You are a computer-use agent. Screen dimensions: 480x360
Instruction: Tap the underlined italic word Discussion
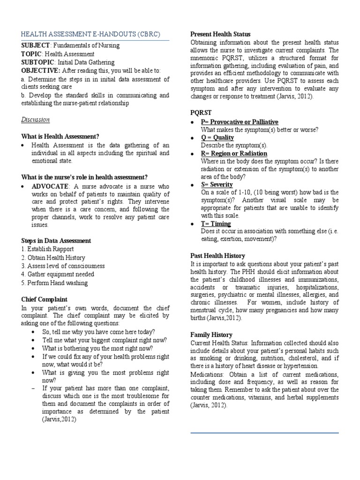[x=35, y=120]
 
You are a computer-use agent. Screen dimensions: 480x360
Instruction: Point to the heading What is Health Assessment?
[x=60, y=136]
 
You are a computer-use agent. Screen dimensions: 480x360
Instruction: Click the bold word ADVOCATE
[x=50, y=187]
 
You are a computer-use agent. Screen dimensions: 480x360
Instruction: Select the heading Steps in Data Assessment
[x=56, y=240]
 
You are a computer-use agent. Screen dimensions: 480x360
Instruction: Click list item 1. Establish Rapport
[x=47, y=249]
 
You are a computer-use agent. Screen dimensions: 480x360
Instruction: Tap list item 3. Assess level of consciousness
[x=63, y=266]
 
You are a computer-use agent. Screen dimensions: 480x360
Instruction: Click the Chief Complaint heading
[x=45, y=299]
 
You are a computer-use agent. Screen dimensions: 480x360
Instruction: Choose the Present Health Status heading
[x=220, y=34]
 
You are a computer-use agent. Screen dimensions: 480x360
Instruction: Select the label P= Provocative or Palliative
[x=240, y=122]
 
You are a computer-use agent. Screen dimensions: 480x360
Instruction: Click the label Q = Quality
[x=217, y=138]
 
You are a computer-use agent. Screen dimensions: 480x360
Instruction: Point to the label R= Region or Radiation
[x=234, y=154]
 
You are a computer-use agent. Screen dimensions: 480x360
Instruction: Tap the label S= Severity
[x=217, y=185]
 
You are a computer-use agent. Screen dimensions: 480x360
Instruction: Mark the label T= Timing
[x=216, y=224]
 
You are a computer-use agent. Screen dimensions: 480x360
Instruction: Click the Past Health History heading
[x=217, y=255]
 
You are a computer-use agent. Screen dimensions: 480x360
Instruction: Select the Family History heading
[x=211, y=335]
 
